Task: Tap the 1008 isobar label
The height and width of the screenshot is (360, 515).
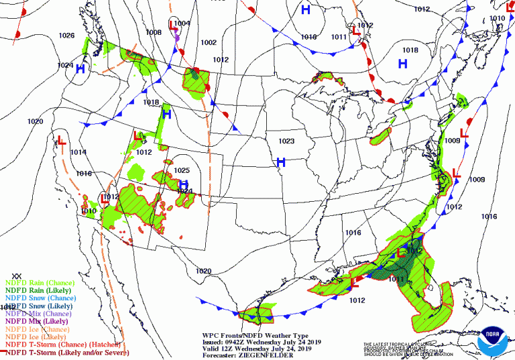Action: click(x=154, y=32)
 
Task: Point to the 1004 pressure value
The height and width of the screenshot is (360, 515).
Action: click(x=182, y=23)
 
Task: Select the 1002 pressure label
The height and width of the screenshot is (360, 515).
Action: click(x=209, y=42)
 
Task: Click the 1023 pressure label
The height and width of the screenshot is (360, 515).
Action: click(x=286, y=141)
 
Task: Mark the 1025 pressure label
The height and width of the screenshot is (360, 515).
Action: click(x=182, y=170)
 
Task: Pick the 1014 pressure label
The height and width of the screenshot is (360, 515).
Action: click(x=78, y=152)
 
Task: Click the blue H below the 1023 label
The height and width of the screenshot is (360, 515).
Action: click(x=281, y=162)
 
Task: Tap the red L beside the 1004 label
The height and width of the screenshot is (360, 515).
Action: click(x=172, y=25)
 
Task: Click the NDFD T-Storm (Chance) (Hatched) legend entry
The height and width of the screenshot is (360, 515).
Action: click(x=62, y=345)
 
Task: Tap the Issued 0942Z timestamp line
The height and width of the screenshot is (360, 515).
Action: click(x=263, y=341)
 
